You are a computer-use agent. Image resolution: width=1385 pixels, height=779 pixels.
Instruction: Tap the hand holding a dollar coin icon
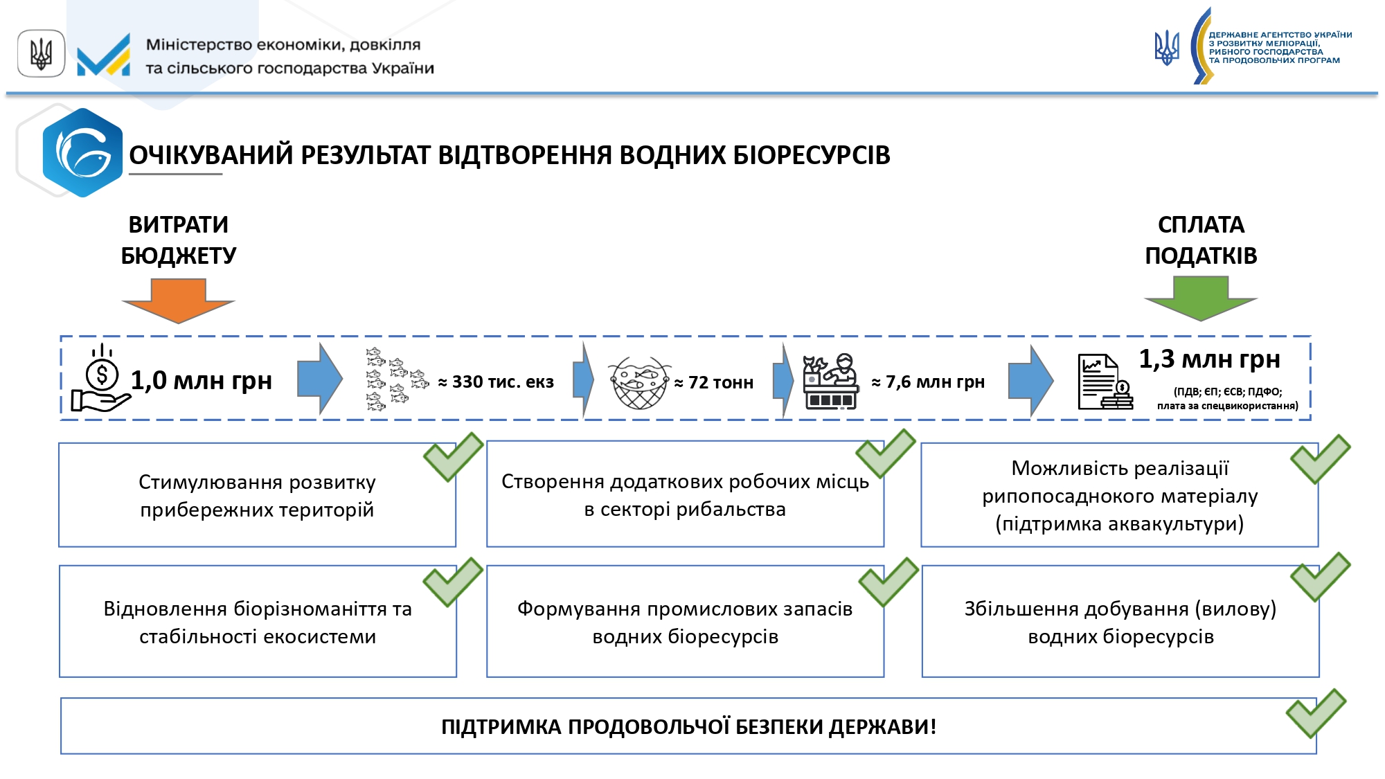tap(101, 379)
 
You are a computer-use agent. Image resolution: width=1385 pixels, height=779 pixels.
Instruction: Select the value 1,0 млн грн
tap(202, 381)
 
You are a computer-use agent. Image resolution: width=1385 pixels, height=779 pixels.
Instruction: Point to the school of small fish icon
tap(395, 379)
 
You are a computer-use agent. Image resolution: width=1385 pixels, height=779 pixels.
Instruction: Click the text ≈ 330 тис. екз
tap(496, 382)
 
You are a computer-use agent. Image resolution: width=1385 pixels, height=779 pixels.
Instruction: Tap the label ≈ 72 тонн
tap(714, 383)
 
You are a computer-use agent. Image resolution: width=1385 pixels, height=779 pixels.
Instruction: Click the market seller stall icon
tap(830, 382)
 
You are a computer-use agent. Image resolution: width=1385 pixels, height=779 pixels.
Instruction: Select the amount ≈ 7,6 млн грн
tap(928, 382)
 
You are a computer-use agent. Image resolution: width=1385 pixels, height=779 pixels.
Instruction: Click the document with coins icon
tap(1105, 382)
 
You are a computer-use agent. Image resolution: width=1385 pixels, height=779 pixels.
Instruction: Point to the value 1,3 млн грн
tap(1209, 359)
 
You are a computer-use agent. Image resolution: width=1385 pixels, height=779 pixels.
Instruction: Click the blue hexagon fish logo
tap(82, 153)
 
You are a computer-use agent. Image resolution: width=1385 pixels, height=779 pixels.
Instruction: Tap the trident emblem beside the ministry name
tap(42, 53)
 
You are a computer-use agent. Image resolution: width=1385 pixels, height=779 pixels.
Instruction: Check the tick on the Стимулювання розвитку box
tap(454, 456)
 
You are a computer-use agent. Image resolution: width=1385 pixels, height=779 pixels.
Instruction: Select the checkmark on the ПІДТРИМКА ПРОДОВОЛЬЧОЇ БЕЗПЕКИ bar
tap(1316, 713)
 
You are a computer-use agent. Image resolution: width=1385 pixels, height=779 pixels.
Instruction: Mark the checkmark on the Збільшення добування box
tap(1320, 576)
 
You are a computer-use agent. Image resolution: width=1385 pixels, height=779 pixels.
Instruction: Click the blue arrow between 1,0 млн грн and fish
tap(319, 379)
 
